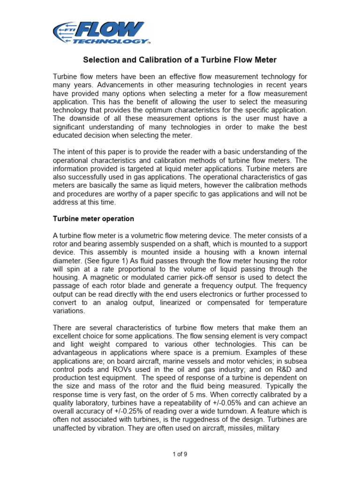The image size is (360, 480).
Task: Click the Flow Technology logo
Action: pyautogui.click(x=101, y=33)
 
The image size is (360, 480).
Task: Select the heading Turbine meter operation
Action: pyautogui.click(x=93, y=218)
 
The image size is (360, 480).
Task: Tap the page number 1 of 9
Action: pyautogui.click(x=180, y=454)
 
